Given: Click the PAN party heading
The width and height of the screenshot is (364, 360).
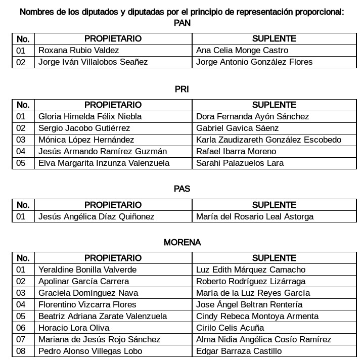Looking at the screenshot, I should point(182,23).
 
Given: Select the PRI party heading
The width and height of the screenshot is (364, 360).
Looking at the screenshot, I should point(182,89).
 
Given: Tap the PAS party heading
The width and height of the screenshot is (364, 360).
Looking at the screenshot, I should point(182,189).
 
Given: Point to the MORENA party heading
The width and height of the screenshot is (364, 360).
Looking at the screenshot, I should point(182,242).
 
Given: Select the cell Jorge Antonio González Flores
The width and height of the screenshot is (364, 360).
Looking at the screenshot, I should point(254,62).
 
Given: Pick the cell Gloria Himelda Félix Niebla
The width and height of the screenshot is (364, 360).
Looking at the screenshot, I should point(90,116).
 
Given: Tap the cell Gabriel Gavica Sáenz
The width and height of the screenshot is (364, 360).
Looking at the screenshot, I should point(237,128).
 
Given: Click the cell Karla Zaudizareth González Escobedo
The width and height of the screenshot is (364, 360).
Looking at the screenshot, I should point(268,140).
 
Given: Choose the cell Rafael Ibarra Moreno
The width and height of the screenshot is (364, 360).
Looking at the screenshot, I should point(236,151).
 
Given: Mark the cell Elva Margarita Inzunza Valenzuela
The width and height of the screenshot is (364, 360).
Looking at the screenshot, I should point(104,163).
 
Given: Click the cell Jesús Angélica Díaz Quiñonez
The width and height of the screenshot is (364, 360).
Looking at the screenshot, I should point(97,216).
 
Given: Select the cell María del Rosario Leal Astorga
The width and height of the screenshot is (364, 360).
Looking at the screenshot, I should point(255,216).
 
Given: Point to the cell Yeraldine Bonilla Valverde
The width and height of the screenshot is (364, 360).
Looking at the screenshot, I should point(87,269).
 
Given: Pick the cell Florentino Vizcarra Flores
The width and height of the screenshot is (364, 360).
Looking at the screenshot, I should point(87,304).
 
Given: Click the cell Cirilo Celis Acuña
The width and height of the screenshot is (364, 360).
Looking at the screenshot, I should point(230,328).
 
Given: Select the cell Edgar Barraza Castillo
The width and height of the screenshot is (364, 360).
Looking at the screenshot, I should point(239,351).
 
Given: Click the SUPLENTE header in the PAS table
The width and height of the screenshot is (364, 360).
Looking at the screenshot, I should point(274,205).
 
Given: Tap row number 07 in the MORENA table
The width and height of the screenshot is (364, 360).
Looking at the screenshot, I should point(21,339).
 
